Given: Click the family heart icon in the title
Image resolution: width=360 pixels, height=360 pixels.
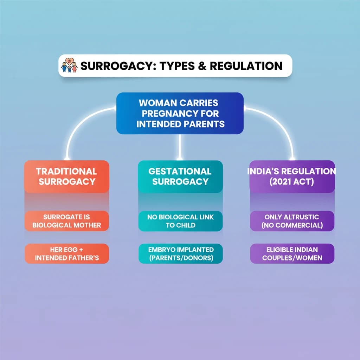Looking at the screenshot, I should tap(69, 66).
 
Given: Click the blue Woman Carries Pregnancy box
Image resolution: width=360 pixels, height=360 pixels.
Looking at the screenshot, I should tap(180, 113).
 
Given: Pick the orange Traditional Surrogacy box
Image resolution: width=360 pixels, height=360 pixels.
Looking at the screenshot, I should tap(66, 176).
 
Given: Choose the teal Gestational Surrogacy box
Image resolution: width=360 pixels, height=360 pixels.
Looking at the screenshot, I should tap(180, 176).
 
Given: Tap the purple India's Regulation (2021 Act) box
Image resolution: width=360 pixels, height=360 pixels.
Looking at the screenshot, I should tap(292, 176).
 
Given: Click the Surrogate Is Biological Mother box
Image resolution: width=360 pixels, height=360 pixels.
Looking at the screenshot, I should tap(66, 221).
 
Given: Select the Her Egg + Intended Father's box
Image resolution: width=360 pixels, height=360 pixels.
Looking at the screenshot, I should tap(66, 254).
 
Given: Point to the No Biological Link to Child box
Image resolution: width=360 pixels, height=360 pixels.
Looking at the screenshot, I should tap(180, 221).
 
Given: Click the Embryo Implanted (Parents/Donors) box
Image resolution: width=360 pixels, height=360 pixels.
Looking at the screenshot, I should tap(180, 254).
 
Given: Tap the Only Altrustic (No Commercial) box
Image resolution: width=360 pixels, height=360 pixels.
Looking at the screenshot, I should tap(292, 221).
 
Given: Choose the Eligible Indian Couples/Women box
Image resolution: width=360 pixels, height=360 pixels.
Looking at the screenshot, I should tap(292, 254).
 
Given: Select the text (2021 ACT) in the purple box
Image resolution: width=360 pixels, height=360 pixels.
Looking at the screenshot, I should tap(292, 181).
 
